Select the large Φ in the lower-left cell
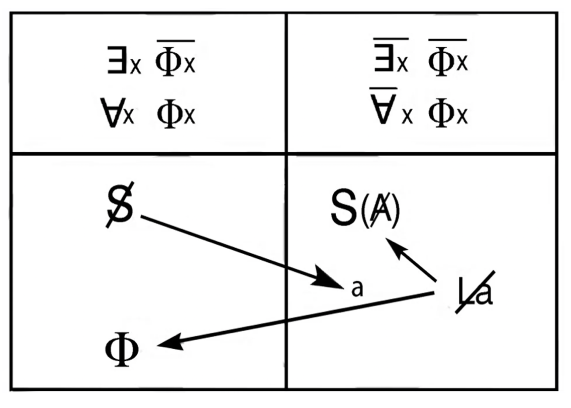coord(122,348)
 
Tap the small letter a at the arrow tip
coord(357,288)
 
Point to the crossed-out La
coord(475,292)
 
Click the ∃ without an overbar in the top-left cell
coord(117,60)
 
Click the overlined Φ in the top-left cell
coord(169,58)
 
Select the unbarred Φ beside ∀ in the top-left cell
coord(170,114)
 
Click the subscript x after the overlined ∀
coord(408,117)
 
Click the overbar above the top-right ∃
coord(391,38)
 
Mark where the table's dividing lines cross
coord(286,154)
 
